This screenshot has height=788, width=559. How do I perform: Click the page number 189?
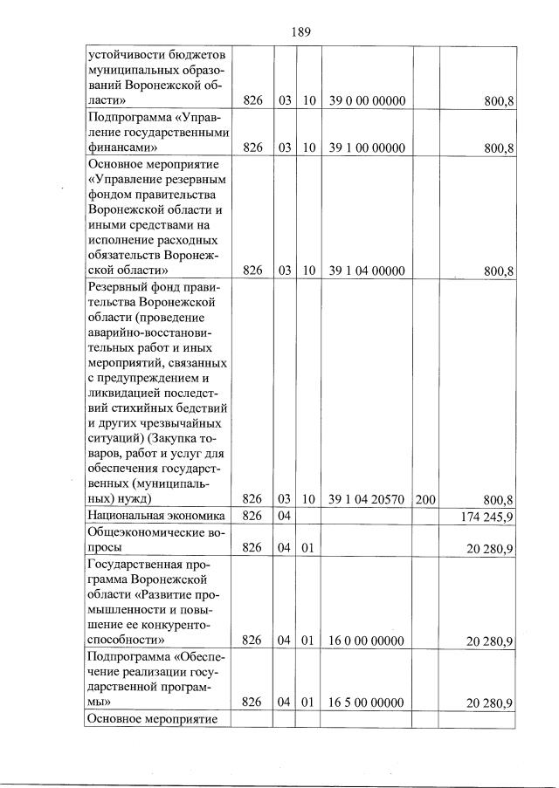click(300, 32)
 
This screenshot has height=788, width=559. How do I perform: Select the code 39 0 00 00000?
click(368, 102)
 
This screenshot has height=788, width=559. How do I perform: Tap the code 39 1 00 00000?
click(368, 147)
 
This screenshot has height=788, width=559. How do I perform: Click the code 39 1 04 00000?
click(368, 271)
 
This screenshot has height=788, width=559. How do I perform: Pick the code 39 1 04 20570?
click(368, 499)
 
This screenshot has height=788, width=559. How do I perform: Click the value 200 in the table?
click(426, 499)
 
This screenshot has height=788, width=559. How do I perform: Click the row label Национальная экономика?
click(150, 517)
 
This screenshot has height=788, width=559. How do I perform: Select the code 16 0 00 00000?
click(368, 641)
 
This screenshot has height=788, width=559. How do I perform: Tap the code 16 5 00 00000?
click(368, 702)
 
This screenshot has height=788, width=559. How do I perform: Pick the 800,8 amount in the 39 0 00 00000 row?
click(499, 102)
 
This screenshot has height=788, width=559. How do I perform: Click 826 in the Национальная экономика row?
click(252, 517)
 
